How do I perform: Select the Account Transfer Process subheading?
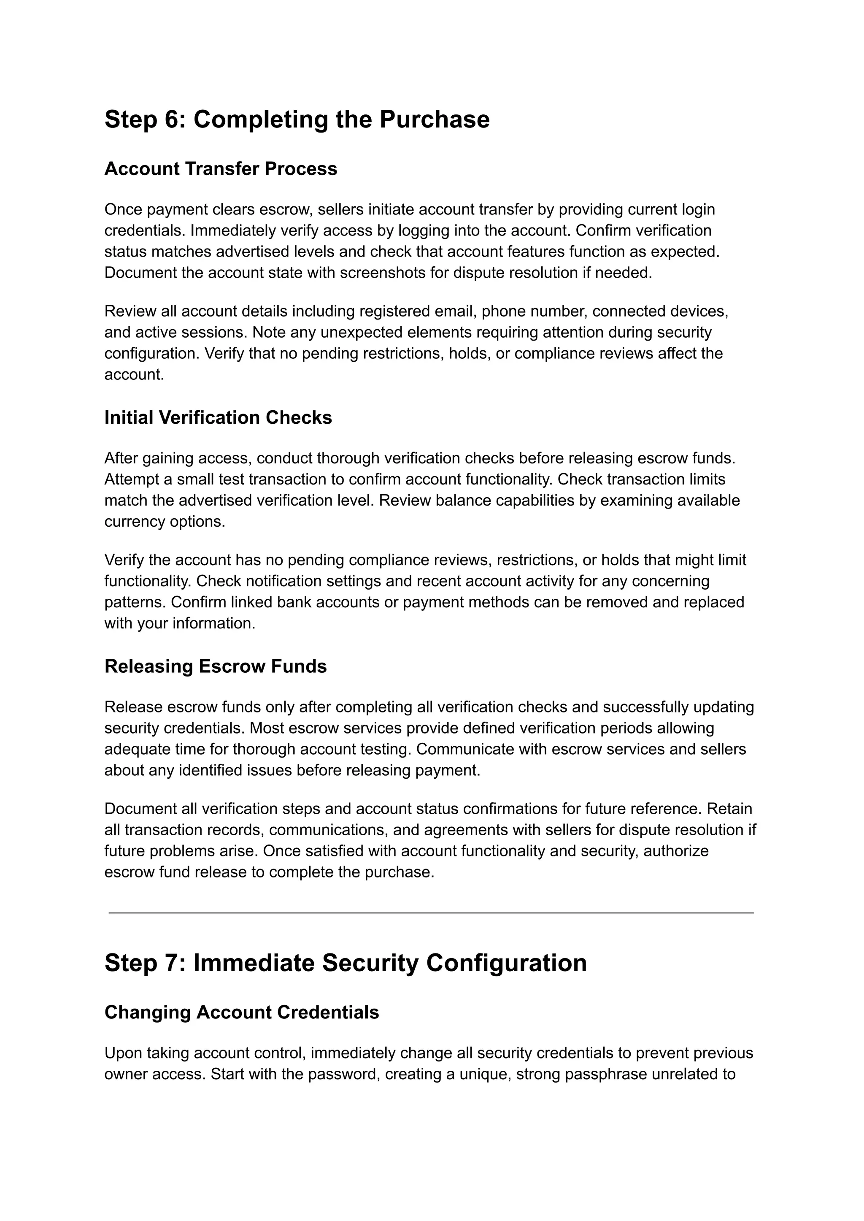point(220,169)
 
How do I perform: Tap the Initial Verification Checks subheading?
point(218,418)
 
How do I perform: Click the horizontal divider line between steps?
point(431,913)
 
